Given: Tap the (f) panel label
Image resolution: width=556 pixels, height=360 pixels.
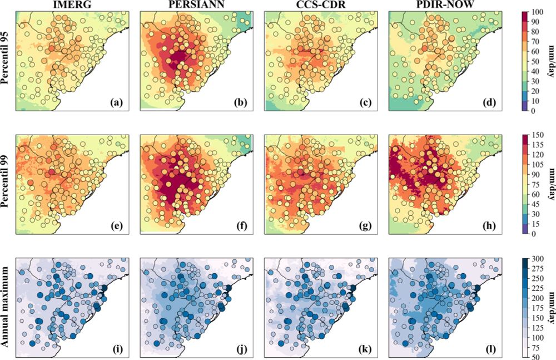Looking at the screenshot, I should (240, 226).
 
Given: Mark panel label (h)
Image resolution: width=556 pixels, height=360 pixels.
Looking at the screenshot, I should (489, 226).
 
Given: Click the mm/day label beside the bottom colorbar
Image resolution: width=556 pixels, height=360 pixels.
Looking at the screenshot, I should (551, 308).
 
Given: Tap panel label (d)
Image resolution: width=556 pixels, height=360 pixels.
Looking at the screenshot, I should (489, 102).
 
